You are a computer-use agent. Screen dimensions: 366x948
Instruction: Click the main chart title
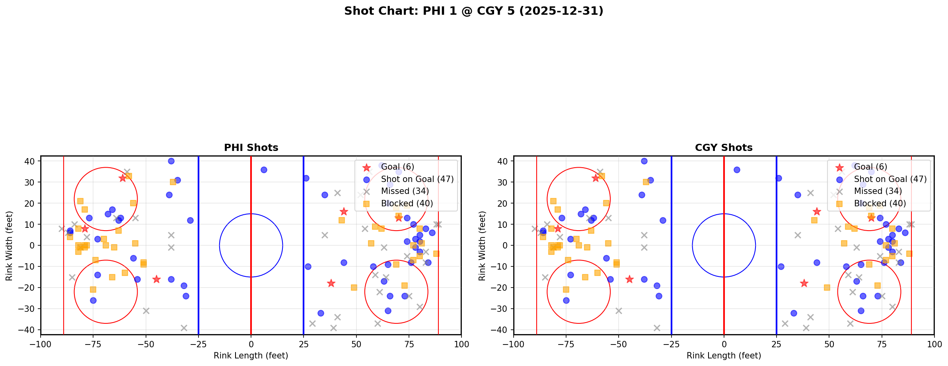(473, 11)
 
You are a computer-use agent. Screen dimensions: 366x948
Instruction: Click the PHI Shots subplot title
(251, 148)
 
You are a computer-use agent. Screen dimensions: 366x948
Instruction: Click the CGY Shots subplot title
(724, 148)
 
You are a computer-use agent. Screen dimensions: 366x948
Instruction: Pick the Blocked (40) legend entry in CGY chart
(880, 204)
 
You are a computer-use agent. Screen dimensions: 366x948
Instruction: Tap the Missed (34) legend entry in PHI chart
(405, 192)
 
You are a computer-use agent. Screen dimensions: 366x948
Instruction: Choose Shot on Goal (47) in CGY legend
(890, 179)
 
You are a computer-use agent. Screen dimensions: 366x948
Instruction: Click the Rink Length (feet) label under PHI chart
(251, 356)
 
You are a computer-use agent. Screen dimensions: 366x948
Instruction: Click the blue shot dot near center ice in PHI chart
(264, 170)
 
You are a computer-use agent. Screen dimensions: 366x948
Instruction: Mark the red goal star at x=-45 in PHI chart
(156, 279)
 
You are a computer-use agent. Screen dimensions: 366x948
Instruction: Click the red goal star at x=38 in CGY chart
(804, 283)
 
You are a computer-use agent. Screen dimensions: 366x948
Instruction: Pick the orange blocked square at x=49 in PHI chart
(354, 288)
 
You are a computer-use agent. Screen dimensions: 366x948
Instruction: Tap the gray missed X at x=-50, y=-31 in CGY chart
(619, 311)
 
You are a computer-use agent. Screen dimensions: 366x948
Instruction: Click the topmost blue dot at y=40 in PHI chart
(171, 161)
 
